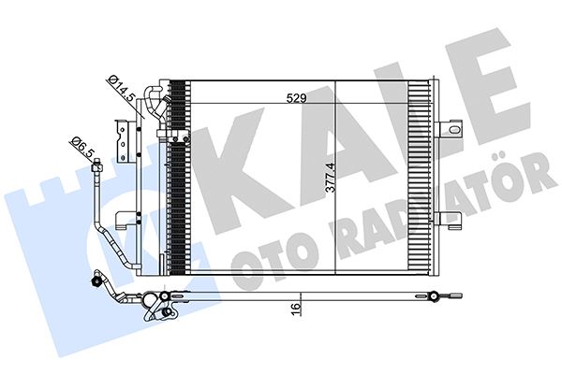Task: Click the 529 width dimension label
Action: click(297, 98)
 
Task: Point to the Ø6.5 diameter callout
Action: click(82, 146)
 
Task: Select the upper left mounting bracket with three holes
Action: click(121, 140)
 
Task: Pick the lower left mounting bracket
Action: click(125, 220)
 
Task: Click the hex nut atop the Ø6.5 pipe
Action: click(97, 166)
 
